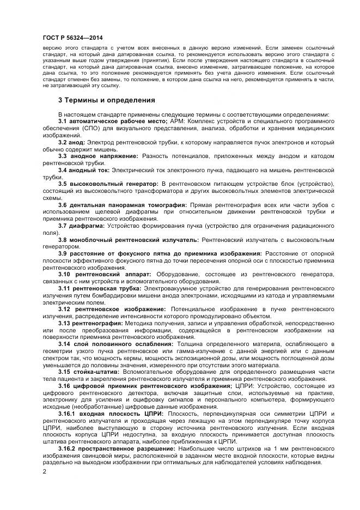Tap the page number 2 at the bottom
pos(44,471)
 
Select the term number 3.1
pos(63,120)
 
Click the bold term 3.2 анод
pos(70,142)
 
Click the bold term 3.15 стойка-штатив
pos(86,372)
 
